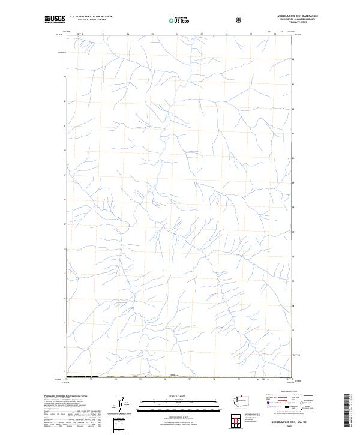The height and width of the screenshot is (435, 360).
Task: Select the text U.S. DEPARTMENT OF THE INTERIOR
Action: point(91,17)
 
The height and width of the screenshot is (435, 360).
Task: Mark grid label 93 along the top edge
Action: point(104,34)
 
